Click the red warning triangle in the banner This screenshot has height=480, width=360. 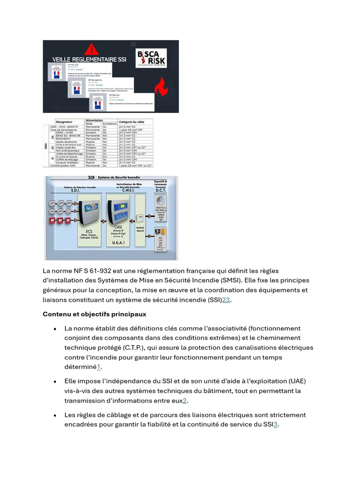pos(93,49)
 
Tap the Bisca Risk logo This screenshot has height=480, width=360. pos(150,60)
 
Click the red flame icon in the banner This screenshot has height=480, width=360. pos(164,87)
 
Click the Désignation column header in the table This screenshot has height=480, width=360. pos(64,121)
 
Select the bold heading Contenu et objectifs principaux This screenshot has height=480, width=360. pos(94,314)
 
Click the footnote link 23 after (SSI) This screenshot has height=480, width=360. pos(226,300)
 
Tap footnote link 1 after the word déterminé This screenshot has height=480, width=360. pos(99,367)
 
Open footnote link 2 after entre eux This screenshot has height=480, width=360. pos(185,401)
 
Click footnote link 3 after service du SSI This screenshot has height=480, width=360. pos(276,425)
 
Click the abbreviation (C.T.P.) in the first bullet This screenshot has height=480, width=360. pos(121,348)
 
